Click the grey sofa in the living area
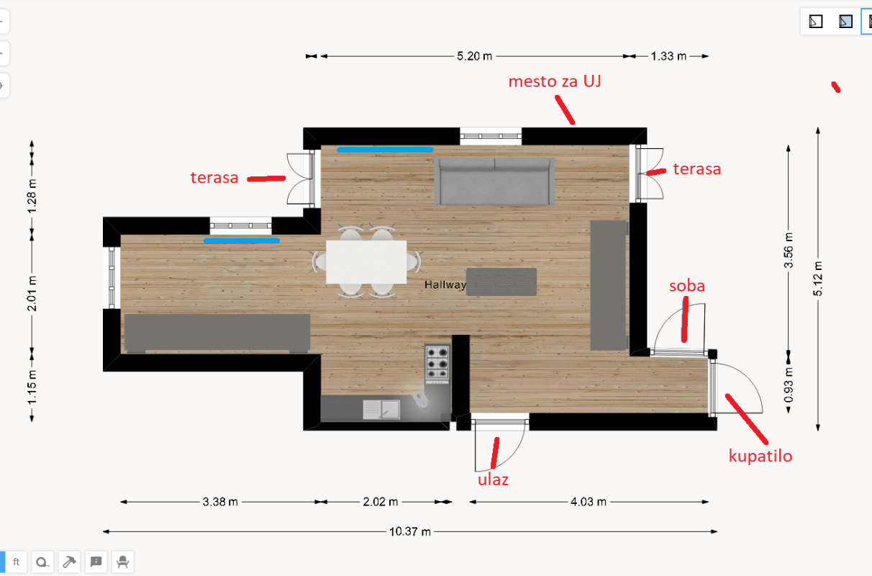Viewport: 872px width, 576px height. [494, 181]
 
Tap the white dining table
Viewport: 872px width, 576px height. [366, 261]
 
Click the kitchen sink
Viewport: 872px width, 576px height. [381, 409]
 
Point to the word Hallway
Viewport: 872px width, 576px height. [445, 284]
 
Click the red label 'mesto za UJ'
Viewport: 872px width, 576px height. [555, 81]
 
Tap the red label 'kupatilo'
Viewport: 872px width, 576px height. [760, 456]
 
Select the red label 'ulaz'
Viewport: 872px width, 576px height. [493, 480]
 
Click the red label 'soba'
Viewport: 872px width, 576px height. [686, 286]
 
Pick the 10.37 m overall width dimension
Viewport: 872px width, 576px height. [410, 531]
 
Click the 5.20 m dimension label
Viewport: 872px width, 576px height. [475, 56]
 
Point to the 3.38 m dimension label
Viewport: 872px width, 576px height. [220, 502]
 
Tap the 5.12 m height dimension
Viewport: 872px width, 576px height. [818, 279]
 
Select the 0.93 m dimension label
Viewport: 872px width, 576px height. [789, 385]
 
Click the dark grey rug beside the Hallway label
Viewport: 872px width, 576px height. [501, 282]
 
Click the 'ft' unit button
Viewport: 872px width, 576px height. [16, 562]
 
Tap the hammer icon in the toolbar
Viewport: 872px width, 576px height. [69, 562]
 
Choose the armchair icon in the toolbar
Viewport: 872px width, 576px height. [122, 562]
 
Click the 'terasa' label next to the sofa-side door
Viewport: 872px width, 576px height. [697, 169]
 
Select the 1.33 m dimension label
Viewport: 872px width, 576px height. [668, 56]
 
